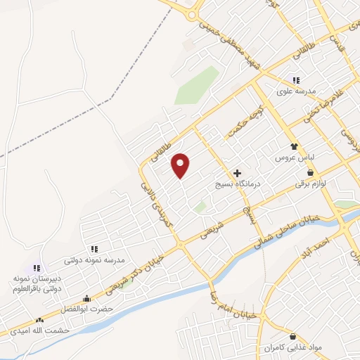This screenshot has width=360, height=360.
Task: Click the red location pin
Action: pyautogui.click(x=181, y=165)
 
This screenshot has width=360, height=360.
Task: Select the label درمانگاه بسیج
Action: pyautogui.click(x=237, y=184)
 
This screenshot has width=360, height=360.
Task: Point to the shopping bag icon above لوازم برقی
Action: pyautogui.click(x=310, y=173)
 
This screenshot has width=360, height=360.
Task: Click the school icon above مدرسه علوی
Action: pyautogui.click(x=296, y=81)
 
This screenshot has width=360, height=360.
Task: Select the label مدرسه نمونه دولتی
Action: pyautogui.click(x=94, y=260)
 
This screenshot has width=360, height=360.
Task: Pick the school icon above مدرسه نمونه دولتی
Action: pyautogui.click(x=94, y=249)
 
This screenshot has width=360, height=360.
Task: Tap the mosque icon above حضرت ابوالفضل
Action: pyautogui.click(x=86, y=299)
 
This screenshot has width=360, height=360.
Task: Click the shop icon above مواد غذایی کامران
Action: pyautogui.click(x=293, y=336)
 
